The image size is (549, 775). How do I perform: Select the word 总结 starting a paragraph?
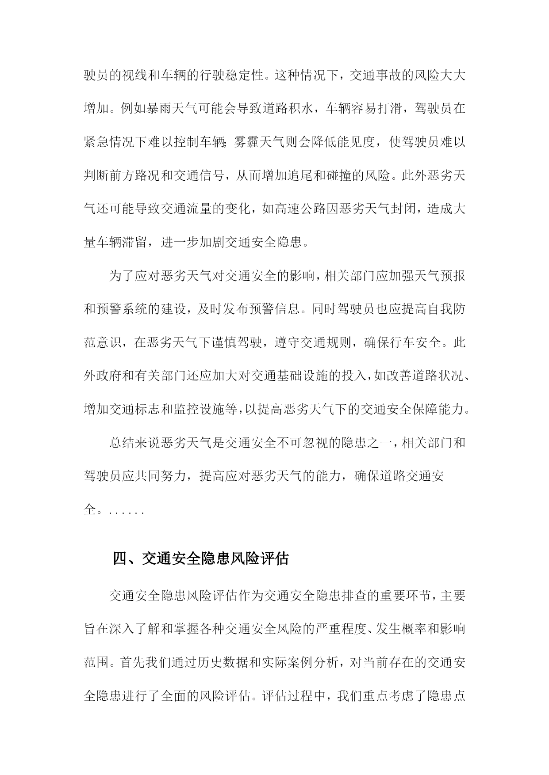[x=122, y=443]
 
